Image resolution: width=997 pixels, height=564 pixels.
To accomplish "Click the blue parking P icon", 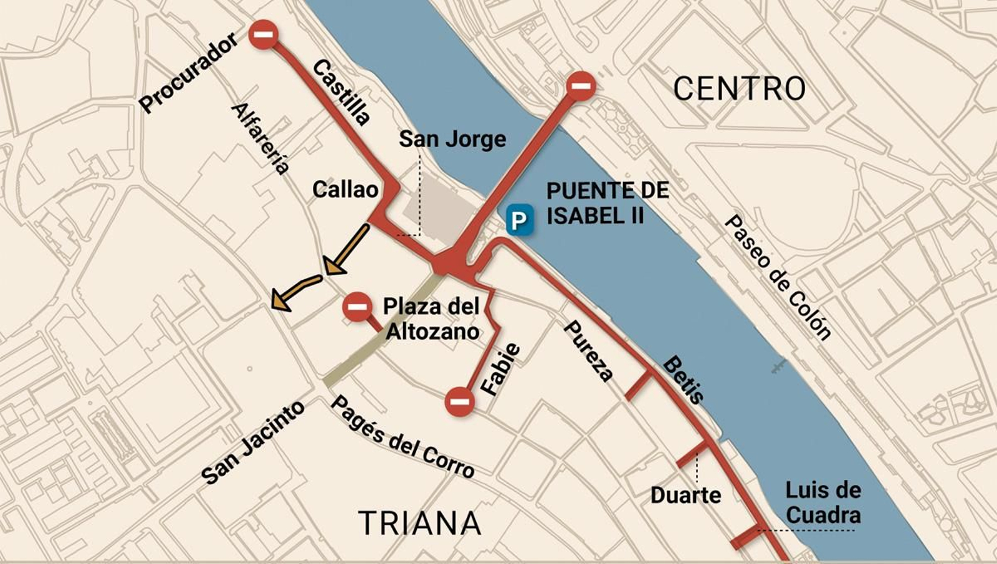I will click(x=519, y=221).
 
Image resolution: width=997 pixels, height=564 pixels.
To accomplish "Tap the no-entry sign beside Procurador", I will click(x=264, y=34).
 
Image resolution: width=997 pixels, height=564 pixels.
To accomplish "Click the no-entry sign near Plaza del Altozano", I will click(x=357, y=307).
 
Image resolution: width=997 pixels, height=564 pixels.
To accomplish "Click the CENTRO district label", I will click(x=739, y=89).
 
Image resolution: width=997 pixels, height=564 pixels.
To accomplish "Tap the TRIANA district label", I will click(x=420, y=523).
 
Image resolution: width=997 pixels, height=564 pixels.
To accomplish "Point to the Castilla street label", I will click(x=341, y=92).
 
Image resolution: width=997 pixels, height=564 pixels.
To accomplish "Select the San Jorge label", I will click(x=452, y=139).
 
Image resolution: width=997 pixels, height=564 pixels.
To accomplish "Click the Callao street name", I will click(x=345, y=189).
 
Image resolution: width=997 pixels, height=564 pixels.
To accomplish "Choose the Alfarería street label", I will click(x=260, y=138).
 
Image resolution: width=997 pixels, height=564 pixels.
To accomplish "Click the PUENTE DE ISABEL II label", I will click(x=608, y=203).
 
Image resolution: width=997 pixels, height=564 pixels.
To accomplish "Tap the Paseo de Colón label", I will click(x=778, y=277).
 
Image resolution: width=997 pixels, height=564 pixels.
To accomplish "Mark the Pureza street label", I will click(x=588, y=350).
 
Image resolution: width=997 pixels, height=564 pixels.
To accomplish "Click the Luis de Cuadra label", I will click(x=823, y=502).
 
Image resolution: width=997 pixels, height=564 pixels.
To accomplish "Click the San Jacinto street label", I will click(x=253, y=442).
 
